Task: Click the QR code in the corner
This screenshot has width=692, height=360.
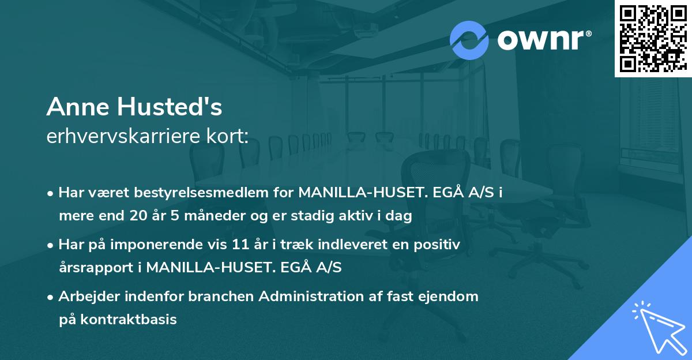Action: pos(653,38)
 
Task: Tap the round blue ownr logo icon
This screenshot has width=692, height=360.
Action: pos(469,40)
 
